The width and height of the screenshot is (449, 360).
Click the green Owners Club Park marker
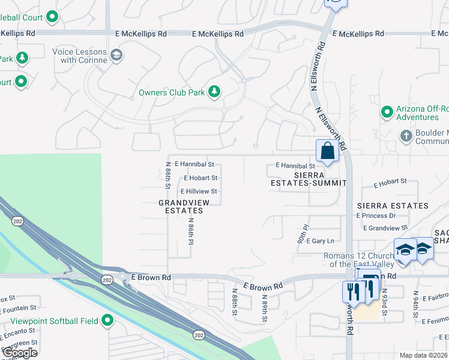click(214, 92)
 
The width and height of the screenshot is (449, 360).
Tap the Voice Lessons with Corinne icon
click(116, 56)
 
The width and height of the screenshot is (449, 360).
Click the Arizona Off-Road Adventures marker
click(387, 112)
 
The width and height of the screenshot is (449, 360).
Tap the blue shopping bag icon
click(327, 151)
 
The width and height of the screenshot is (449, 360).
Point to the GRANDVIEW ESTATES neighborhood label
click(184, 206)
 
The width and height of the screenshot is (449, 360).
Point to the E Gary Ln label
click(319, 241)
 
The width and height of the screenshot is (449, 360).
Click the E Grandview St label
click(385, 228)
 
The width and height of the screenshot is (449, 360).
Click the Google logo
click(20, 353)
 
